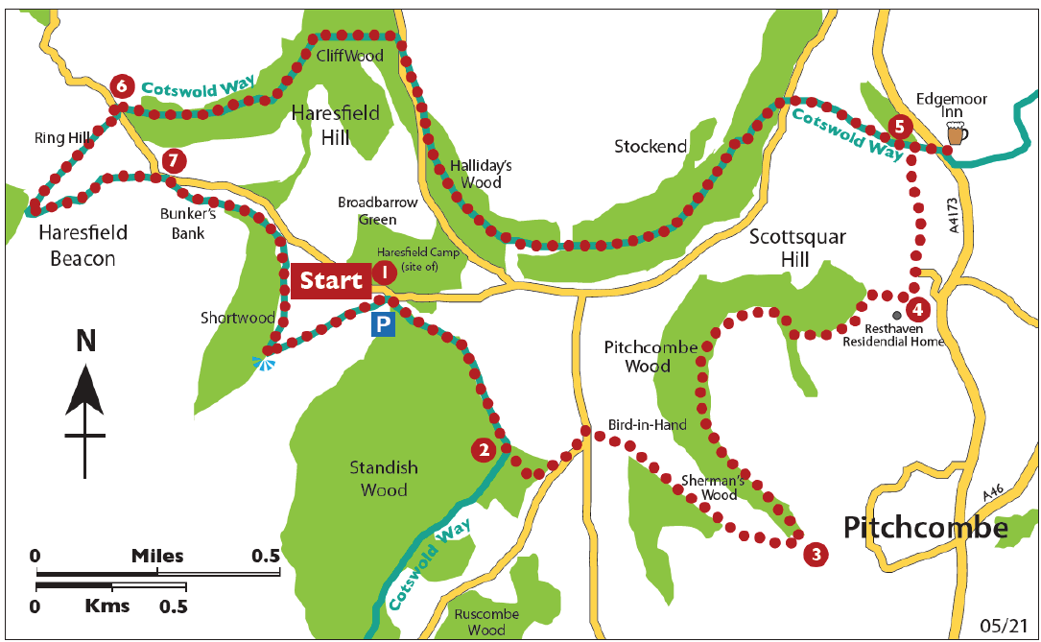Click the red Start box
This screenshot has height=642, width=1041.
(x=331, y=280)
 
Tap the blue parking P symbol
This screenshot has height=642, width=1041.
(x=383, y=325)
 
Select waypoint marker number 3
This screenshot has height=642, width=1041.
(x=815, y=554)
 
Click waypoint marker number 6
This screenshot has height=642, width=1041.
(x=121, y=86)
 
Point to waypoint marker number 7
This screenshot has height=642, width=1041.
(x=173, y=160)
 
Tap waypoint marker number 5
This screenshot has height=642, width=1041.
(x=899, y=126)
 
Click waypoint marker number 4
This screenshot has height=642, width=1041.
(x=918, y=310)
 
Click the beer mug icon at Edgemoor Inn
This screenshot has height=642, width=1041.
(x=955, y=134)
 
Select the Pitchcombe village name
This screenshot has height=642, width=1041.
(x=926, y=528)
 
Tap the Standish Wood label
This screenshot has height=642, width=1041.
(x=384, y=479)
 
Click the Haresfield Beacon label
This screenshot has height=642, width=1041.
(x=77, y=245)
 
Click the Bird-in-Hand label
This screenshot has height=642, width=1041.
(x=647, y=423)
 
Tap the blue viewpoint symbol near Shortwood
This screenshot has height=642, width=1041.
(x=261, y=363)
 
